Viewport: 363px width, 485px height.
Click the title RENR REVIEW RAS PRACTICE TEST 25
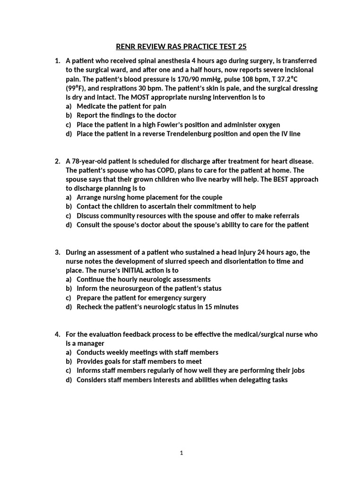click(x=181, y=46)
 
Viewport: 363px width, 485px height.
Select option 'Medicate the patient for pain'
click(x=121, y=107)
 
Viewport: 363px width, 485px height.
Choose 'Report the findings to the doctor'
click(x=126, y=116)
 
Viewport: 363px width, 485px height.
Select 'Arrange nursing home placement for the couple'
click(x=149, y=198)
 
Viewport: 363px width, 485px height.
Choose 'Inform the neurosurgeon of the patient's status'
click(x=149, y=288)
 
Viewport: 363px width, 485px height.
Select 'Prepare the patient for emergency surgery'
click(x=141, y=298)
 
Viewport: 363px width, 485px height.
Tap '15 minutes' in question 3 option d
click(x=221, y=307)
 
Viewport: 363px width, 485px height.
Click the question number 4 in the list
click(x=57, y=334)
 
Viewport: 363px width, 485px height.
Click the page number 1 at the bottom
click(x=181, y=453)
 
